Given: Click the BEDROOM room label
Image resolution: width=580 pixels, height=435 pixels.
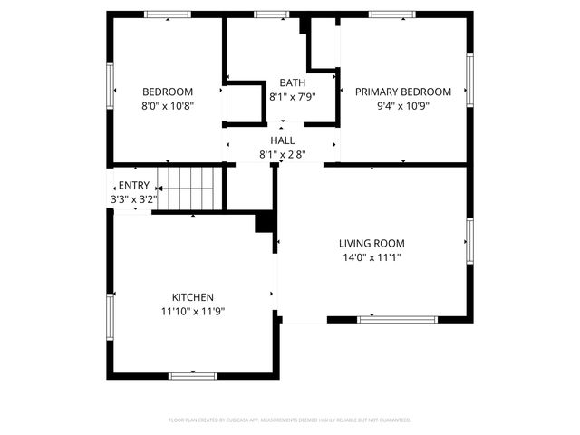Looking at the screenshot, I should (x=168, y=92).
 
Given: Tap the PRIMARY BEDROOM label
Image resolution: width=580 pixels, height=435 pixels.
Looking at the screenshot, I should (x=402, y=92).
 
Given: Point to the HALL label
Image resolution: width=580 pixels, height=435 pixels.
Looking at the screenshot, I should (x=282, y=140).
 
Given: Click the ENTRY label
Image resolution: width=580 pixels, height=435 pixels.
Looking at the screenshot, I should (x=133, y=185).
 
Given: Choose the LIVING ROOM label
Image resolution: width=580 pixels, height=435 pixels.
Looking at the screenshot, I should (x=372, y=243).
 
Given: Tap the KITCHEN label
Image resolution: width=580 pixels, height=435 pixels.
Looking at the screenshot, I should (x=193, y=297).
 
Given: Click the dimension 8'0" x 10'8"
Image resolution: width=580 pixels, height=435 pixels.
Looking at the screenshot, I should (x=168, y=105).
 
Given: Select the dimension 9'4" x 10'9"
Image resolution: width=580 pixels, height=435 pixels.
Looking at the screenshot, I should (x=402, y=105).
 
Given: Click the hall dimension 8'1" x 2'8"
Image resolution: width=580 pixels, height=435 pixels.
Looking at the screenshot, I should (x=282, y=154).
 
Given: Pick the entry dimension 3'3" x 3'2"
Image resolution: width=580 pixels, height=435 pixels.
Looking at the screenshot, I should (x=133, y=198).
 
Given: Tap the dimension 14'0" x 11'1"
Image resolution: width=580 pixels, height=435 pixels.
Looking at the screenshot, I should (x=372, y=257).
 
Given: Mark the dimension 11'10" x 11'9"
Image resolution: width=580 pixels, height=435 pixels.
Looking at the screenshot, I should (x=193, y=311).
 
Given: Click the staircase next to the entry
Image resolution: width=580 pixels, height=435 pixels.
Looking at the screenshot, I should (x=189, y=188).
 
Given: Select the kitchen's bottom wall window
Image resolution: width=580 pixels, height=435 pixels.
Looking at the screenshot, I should (x=193, y=375).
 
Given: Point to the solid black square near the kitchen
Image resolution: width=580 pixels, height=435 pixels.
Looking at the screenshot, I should (x=265, y=222).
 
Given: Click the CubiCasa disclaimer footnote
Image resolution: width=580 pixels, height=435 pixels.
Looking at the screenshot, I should (x=290, y=420).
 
